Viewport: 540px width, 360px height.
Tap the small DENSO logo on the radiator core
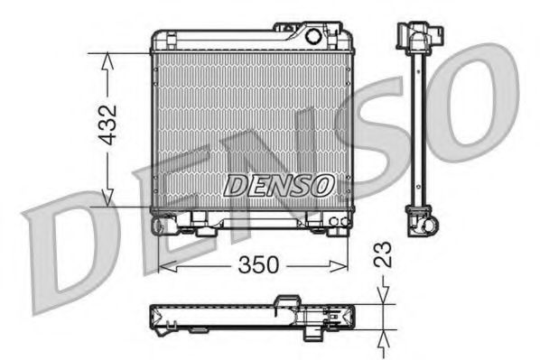(278, 185)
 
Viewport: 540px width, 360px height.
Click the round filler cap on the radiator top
(313, 37)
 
